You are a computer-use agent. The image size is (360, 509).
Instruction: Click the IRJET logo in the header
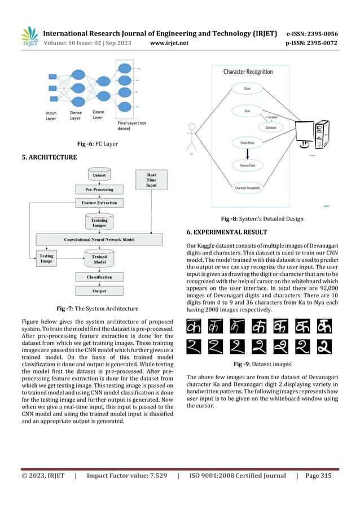pyautogui.click(x=29, y=36)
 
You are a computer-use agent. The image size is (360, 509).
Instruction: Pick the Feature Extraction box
pyautogui.click(x=99, y=203)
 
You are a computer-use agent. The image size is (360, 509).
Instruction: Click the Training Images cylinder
pyautogui.click(x=99, y=222)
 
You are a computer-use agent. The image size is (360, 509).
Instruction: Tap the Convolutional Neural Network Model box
pyautogui.click(x=99, y=239)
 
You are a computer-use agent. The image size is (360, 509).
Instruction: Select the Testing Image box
pyautogui.click(x=46, y=259)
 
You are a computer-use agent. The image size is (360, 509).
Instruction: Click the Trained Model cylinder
pyautogui.click(x=99, y=259)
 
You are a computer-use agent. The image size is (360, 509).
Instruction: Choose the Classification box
pyautogui.click(x=99, y=277)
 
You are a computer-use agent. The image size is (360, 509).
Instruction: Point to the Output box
pyautogui.click(x=99, y=291)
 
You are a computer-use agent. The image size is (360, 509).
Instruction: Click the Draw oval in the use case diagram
pyautogui.click(x=247, y=89)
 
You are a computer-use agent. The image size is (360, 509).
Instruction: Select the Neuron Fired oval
pyautogui.click(x=247, y=165)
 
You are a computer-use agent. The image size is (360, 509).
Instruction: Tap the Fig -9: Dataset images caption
pyautogui.click(x=259, y=364)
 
